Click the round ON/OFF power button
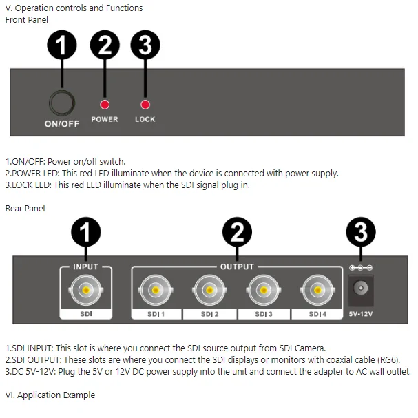pos(62,103)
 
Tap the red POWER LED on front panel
pos(105,105)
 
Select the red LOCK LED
pos(145,105)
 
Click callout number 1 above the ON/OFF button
pos(62,45)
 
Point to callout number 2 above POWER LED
pos(105,45)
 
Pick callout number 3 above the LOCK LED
pos(145,45)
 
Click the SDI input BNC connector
pos(86,290)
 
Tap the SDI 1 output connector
pos(156,290)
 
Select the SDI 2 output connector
pos(209,290)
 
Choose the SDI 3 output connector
pos(264,290)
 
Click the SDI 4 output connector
pos(317,290)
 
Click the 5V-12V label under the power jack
pos(361,314)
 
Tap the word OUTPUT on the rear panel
pos(237,267)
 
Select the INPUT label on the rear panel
pos(85,267)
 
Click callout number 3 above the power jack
pos(361,232)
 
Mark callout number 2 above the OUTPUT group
pos(237,232)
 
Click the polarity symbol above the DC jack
pos(361,267)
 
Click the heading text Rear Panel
pos(25,208)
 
